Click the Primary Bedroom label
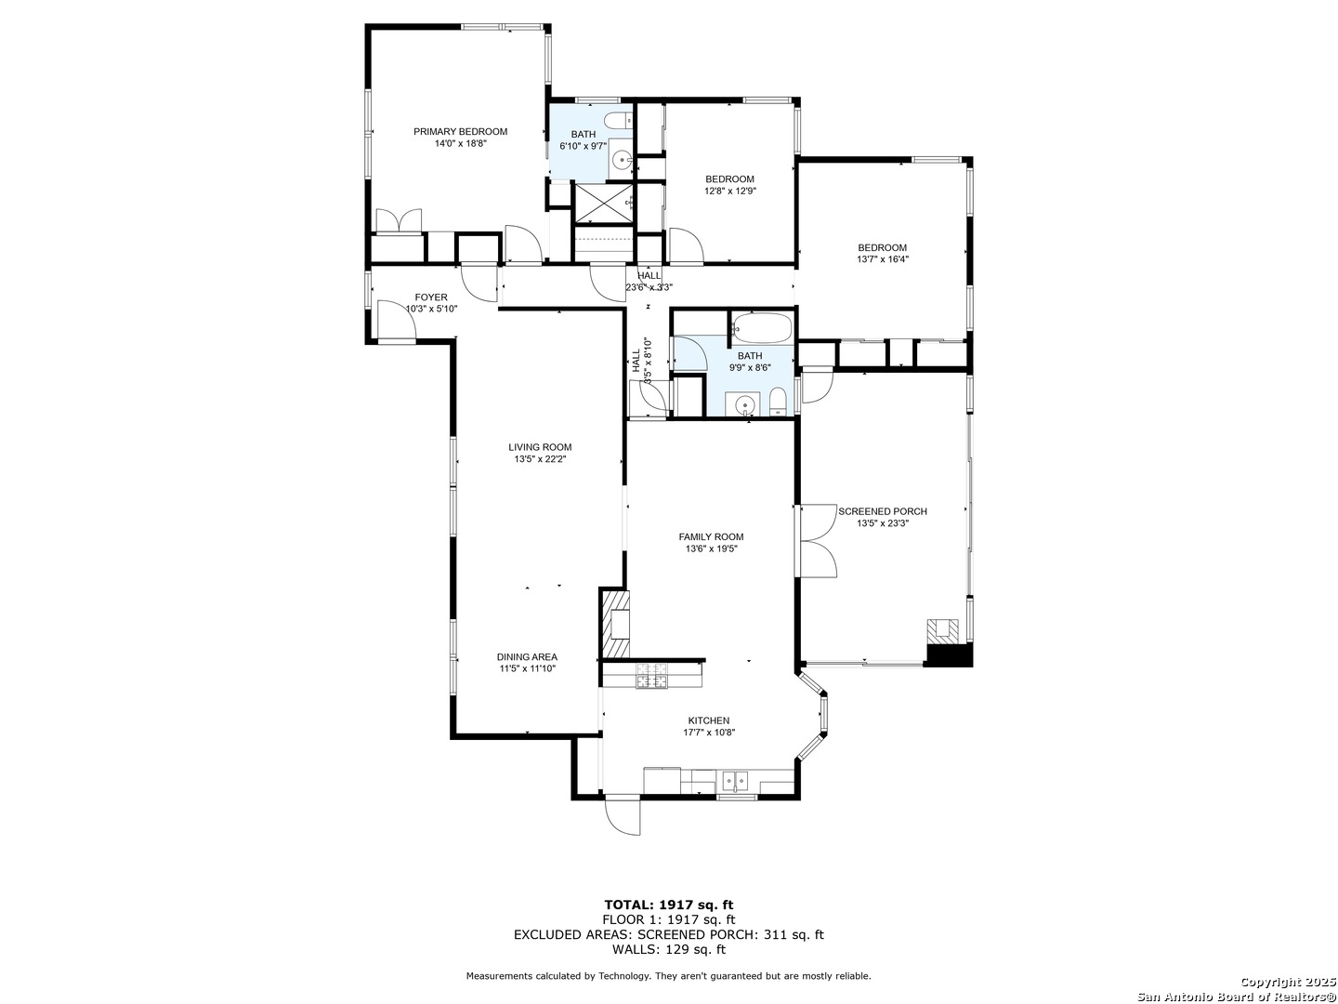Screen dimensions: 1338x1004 [x=460, y=132]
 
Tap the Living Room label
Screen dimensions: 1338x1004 [x=540, y=447]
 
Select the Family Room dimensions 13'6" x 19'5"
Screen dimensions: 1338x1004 [x=712, y=548]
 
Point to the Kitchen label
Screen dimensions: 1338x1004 [x=709, y=720]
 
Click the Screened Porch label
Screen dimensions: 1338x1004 [x=883, y=511]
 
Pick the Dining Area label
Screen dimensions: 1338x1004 [x=527, y=657]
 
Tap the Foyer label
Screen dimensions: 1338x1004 [x=431, y=297]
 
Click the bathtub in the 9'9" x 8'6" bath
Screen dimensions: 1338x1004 [x=762, y=329]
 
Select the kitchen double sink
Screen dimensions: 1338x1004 [x=736, y=780]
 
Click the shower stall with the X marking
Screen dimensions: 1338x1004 [x=603, y=202]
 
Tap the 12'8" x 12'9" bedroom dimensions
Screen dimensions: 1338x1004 [x=730, y=191]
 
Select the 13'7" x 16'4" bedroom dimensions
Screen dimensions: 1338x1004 [x=883, y=259]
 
